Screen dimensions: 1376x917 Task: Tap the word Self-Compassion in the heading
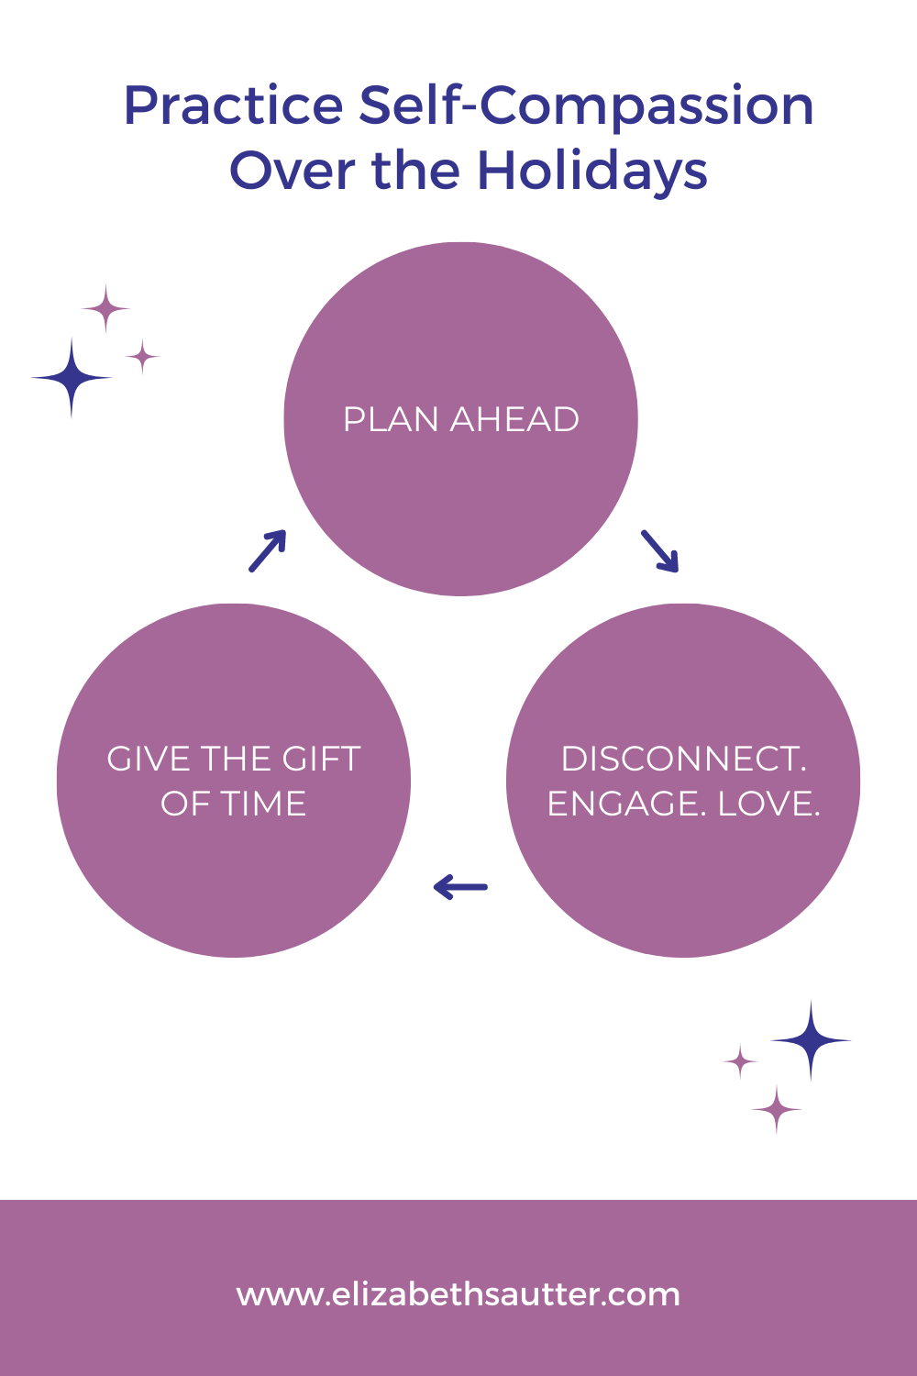[x=586, y=106]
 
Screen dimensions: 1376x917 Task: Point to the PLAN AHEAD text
[x=460, y=420]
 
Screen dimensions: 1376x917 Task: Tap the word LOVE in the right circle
[x=768, y=805]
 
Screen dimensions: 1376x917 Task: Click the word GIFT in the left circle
[x=321, y=760]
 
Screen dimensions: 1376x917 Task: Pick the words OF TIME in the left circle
[x=234, y=805]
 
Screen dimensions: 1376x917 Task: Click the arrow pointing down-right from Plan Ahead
[x=659, y=550]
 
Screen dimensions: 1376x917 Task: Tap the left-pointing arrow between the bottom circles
[x=460, y=887]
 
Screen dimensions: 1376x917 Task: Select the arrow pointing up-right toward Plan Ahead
[x=268, y=550]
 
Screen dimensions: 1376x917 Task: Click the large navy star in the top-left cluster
[x=72, y=378]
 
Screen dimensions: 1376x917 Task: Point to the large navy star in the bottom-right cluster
[x=811, y=1040]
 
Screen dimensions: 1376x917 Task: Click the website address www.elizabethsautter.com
[x=458, y=1294]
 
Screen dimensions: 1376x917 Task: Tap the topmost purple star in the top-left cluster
[x=106, y=309]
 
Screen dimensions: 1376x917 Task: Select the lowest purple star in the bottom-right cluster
[x=777, y=1110]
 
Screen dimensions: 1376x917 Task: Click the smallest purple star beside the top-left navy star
[x=142, y=356]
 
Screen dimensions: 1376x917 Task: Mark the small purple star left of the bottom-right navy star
[x=740, y=1061]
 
